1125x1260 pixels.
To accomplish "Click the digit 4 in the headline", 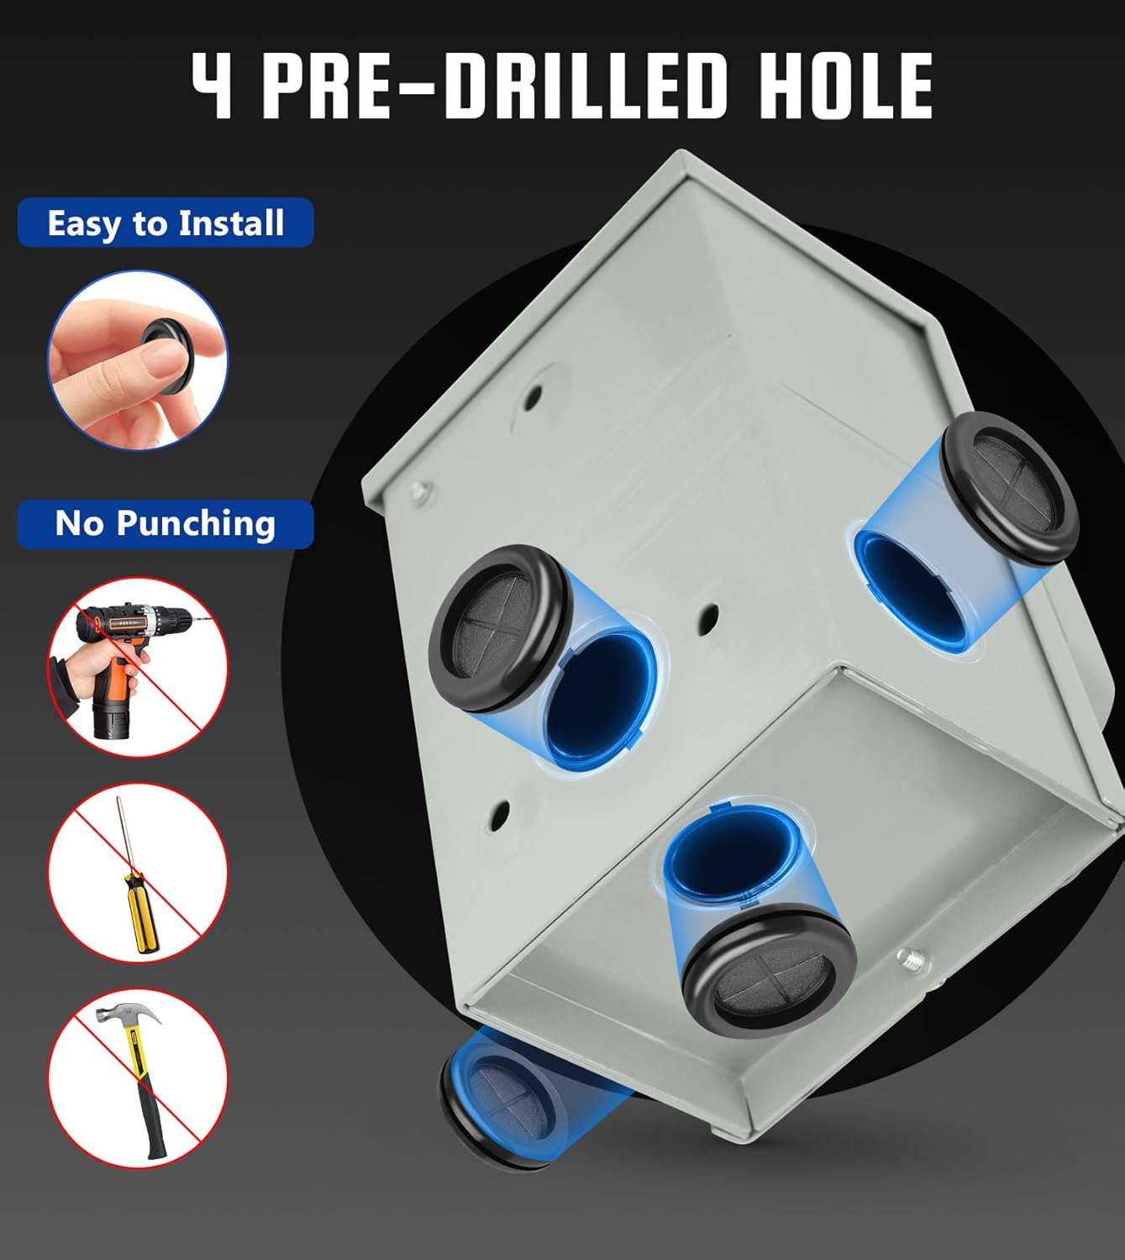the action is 213,85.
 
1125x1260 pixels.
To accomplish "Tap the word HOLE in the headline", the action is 845,85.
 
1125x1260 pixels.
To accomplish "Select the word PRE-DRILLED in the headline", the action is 496,85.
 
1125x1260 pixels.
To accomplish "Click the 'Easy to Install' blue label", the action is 166,223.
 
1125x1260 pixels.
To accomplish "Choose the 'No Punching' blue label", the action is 166,523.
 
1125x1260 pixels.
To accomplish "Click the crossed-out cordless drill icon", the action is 138,667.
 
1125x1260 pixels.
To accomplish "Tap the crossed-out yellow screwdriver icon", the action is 138,873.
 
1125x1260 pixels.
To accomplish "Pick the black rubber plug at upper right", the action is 1009,488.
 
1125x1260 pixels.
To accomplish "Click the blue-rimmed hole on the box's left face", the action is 598,700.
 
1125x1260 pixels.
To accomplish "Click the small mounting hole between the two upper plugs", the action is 708,619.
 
